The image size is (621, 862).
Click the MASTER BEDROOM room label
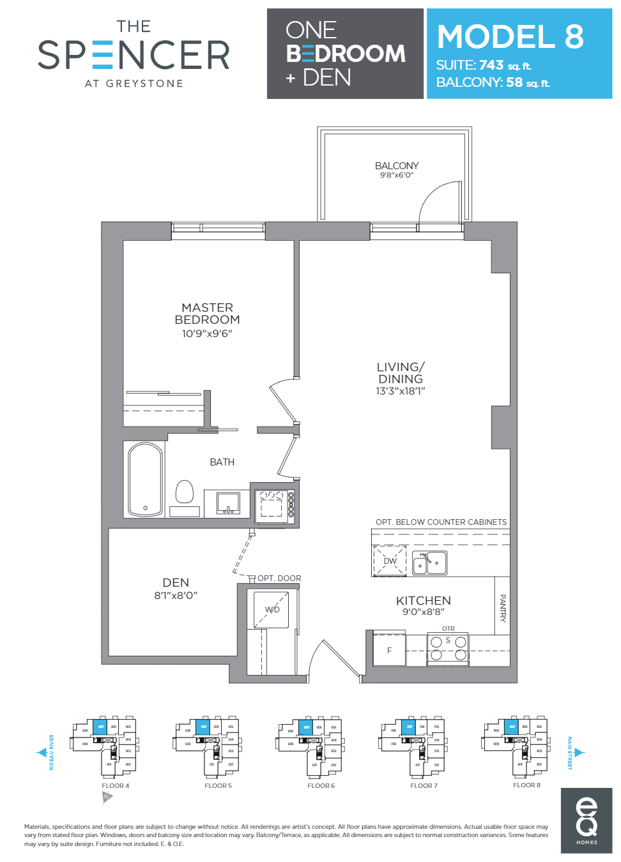(x=207, y=314)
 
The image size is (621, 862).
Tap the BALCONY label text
(x=397, y=165)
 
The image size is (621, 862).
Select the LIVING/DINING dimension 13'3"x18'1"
(x=400, y=391)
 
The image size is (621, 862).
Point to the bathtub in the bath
(x=145, y=480)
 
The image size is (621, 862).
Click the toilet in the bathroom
(x=185, y=492)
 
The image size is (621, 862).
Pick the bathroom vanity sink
(x=227, y=503)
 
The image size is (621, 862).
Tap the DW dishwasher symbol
(x=390, y=561)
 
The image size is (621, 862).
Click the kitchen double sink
(x=429, y=563)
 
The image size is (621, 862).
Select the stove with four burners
(x=448, y=648)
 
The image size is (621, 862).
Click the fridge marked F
(x=389, y=650)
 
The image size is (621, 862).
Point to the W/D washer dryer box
(x=272, y=610)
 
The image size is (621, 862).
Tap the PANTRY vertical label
(x=502, y=608)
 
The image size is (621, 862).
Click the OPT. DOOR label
(x=279, y=578)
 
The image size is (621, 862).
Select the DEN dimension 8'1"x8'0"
(x=176, y=595)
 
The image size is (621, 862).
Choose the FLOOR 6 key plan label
(x=321, y=785)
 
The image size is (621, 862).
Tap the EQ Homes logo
(x=586, y=820)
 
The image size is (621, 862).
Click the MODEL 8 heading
(x=510, y=36)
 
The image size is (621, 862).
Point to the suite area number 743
(x=491, y=65)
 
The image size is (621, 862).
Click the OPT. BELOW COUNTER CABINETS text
(x=441, y=522)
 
